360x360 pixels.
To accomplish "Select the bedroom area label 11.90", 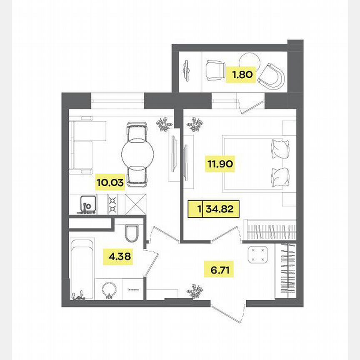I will [220, 164].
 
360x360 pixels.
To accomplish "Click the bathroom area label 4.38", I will [120, 257].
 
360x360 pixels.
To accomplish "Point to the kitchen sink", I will [87, 204].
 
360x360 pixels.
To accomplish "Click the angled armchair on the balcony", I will [273, 77].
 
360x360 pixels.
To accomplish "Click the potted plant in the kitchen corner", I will [164, 124].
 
